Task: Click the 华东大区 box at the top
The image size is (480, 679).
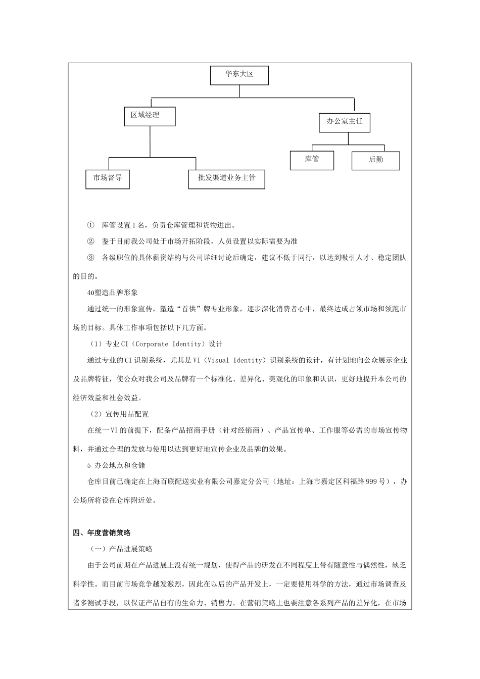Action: (239, 75)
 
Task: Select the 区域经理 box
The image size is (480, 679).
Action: (150, 116)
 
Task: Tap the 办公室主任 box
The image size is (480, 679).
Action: (345, 122)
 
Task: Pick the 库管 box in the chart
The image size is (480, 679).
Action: (312, 160)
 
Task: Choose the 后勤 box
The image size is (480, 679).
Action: (375, 160)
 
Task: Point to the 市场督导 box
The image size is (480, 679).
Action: (108, 178)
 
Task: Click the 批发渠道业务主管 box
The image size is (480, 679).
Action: (226, 178)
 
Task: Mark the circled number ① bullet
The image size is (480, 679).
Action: (91, 225)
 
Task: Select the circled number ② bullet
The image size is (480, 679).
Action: (91, 241)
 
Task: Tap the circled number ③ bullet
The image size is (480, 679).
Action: (91, 258)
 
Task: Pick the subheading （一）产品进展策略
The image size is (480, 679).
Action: (121, 549)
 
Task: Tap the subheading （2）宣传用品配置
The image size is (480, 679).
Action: (119, 414)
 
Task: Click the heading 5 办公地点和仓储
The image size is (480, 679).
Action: (116, 465)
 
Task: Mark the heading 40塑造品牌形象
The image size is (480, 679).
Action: (113, 293)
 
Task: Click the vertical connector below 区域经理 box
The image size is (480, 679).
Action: (150, 141)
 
